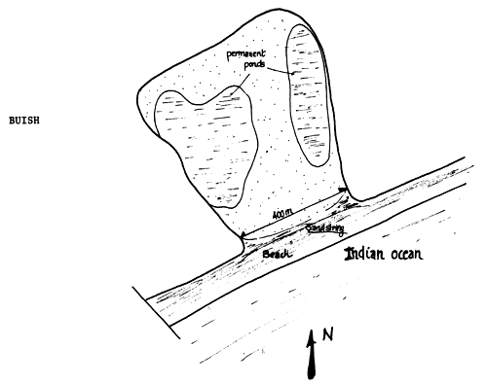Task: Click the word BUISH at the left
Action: tap(21, 124)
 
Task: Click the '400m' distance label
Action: tap(283, 212)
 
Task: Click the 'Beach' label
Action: tap(277, 252)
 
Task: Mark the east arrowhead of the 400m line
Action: tap(344, 189)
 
